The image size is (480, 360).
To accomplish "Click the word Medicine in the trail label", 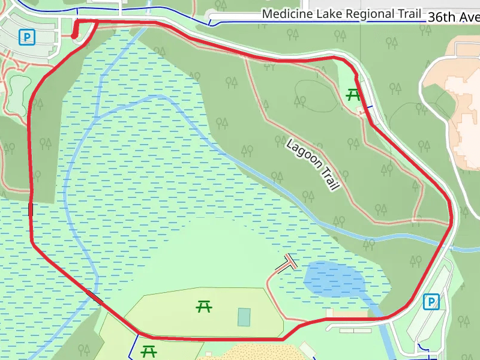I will tap(284, 14).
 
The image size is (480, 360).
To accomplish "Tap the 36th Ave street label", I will tap(453, 17).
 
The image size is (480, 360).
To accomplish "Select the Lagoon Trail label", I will tap(313, 164).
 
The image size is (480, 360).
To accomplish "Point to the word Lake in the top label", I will tap(321, 14).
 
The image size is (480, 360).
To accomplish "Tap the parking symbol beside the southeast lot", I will tap(430, 301).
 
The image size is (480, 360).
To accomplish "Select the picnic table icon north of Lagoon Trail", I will tap(353, 94).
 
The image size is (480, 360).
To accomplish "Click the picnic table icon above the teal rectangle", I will tap(204, 307).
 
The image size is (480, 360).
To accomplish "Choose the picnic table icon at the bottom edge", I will tap(148, 350).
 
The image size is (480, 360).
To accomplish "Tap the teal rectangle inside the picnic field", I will tap(244, 317).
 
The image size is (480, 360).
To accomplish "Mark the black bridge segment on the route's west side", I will tap(31, 209).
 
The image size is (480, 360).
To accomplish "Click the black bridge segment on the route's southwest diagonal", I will tap(94, 296).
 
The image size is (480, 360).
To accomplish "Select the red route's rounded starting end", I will tap(74, 36).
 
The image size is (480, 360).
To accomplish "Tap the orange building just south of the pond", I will tap(347, 313).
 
